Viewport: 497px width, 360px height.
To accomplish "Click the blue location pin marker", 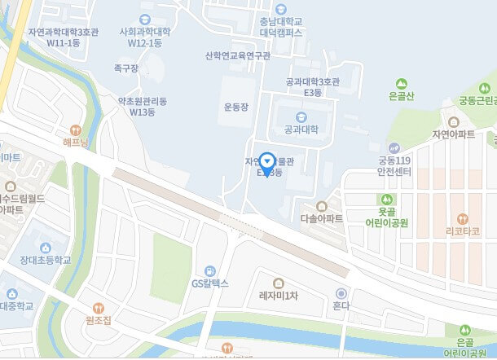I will point(267,160).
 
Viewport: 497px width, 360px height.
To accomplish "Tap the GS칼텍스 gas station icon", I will point(210,270).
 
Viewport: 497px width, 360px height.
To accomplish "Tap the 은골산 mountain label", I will point(401,97).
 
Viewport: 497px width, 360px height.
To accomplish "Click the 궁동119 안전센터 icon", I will point(393,148).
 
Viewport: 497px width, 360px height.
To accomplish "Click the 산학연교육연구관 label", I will point(238,56).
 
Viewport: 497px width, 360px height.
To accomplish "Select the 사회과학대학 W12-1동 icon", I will point(145,20).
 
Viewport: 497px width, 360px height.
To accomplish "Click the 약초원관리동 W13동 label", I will point(143,107).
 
